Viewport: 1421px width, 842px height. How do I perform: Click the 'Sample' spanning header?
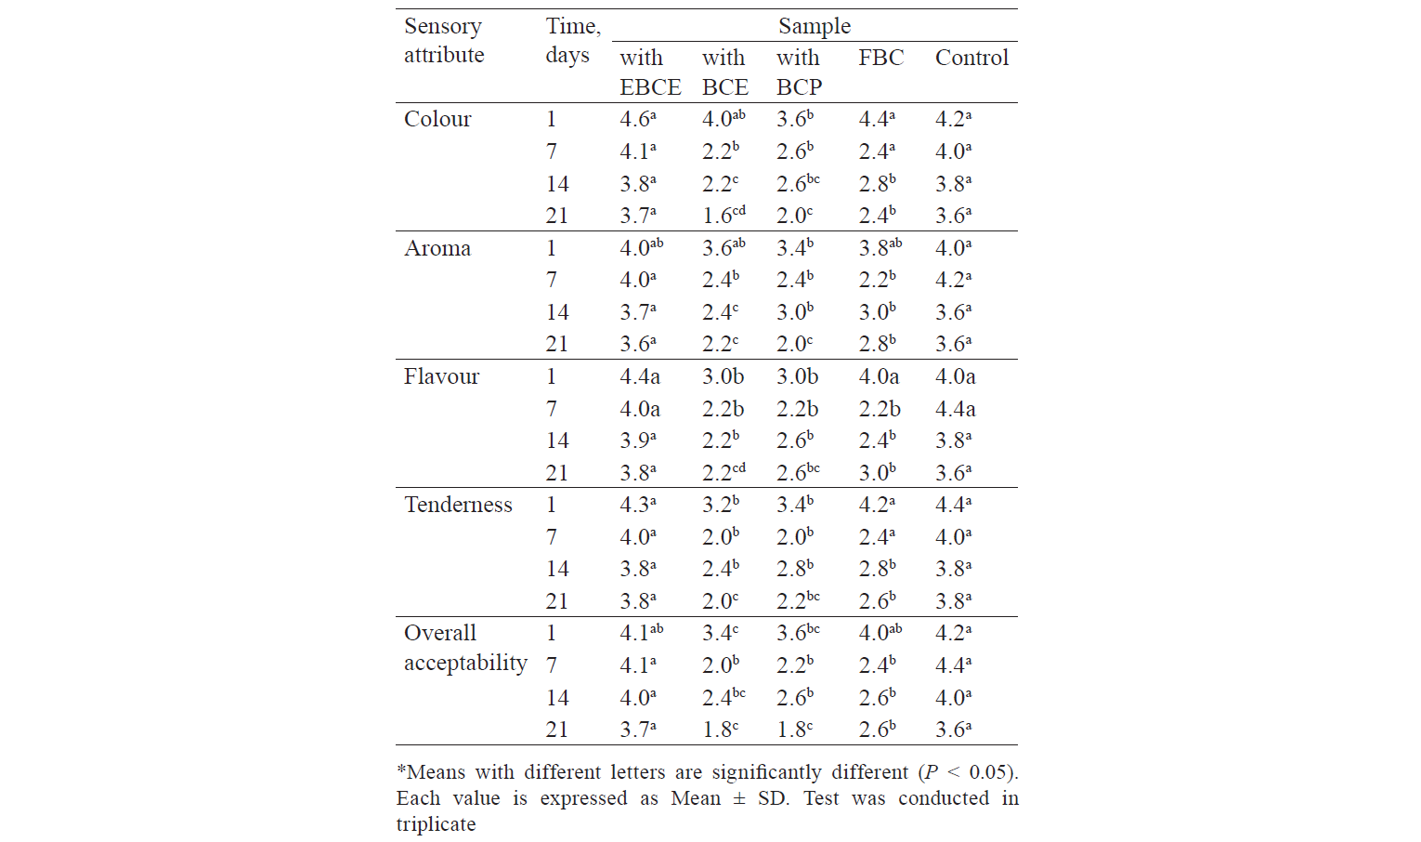coord(815,26)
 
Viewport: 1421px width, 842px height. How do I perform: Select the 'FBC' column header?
coord(881,58)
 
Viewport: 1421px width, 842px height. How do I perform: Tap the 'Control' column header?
coord(971,58)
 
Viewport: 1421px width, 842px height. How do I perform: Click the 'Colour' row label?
coord(437,119)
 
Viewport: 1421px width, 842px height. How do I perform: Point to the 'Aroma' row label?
coord(437,247)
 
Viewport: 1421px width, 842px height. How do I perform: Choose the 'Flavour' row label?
coord(441,375)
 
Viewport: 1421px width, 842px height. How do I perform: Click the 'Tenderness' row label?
coord(458,505)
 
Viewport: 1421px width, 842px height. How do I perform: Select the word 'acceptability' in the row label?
coord(465,663)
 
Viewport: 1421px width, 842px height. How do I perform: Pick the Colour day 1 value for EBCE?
coord(638,119)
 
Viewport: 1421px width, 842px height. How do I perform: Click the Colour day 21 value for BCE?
coord(724,216)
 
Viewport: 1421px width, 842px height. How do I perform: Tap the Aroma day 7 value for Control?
coord(954,280)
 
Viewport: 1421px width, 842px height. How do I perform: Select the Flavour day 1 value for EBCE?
coord(640,376)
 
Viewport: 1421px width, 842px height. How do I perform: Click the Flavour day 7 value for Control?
coord(956,409)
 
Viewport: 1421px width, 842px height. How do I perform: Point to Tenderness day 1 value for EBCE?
coord(638,505)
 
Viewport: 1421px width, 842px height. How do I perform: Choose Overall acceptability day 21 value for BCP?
coord(795,729)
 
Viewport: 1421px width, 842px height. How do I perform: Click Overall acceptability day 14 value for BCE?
coord(724,697)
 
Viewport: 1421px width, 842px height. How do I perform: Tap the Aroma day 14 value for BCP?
coord(795,311)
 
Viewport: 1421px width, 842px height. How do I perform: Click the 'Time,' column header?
coord(573,27)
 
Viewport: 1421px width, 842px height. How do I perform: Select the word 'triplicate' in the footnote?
coord(436,824)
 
